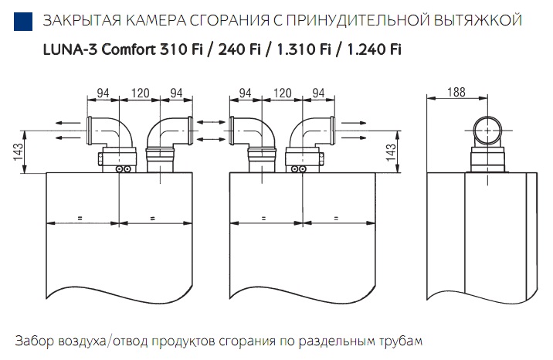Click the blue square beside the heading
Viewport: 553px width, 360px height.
(23, 22)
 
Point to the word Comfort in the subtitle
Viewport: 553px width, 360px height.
(128, 49)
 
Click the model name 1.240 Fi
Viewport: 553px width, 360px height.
(374, 49)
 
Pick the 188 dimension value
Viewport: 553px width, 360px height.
(456, 93)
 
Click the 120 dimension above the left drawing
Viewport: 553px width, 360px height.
(141, 93)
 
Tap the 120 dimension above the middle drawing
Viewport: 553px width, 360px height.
(282, 93)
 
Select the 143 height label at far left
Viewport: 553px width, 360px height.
(19, 151)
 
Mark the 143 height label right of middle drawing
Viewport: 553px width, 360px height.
(391, 151)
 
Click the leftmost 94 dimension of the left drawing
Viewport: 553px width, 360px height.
(103, 93)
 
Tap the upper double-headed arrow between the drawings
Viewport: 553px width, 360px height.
(211, 122)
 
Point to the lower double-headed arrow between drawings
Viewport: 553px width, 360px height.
(211, 138)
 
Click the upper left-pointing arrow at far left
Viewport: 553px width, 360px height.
(68, 123)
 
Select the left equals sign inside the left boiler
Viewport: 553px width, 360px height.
(80, 219)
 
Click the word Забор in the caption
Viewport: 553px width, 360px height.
(35, 341)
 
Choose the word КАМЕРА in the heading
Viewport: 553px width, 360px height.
(155, 21)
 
